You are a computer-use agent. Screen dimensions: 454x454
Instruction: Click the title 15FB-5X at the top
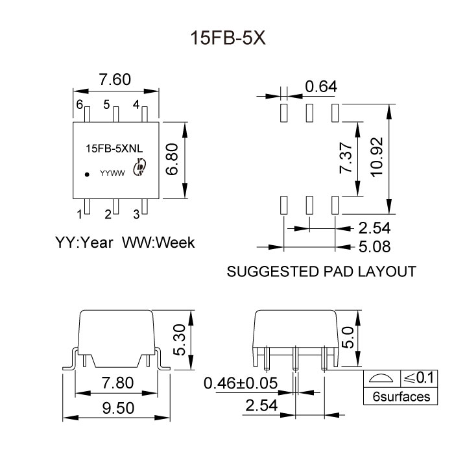pyautogui.click(x=227, y=38)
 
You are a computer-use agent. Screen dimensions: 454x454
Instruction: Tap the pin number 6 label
pyautogui.click(x=79, y=104)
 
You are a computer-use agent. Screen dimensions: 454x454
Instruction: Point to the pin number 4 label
pyautogui.click(x=136, y=104)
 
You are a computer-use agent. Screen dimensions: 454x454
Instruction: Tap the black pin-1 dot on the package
pyautogui.click(x=86, y=174)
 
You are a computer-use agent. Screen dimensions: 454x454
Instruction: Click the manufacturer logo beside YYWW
pyautogui.click(x=137, y=169)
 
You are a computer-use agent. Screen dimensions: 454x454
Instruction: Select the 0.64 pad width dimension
pyautogui.click(x=321, y=86)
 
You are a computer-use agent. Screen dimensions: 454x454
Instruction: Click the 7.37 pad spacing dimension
pyautogui.click(x=348, y=158)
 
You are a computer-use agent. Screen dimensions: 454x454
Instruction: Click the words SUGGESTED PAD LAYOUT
pyautogui.click(x=321, y=272)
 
